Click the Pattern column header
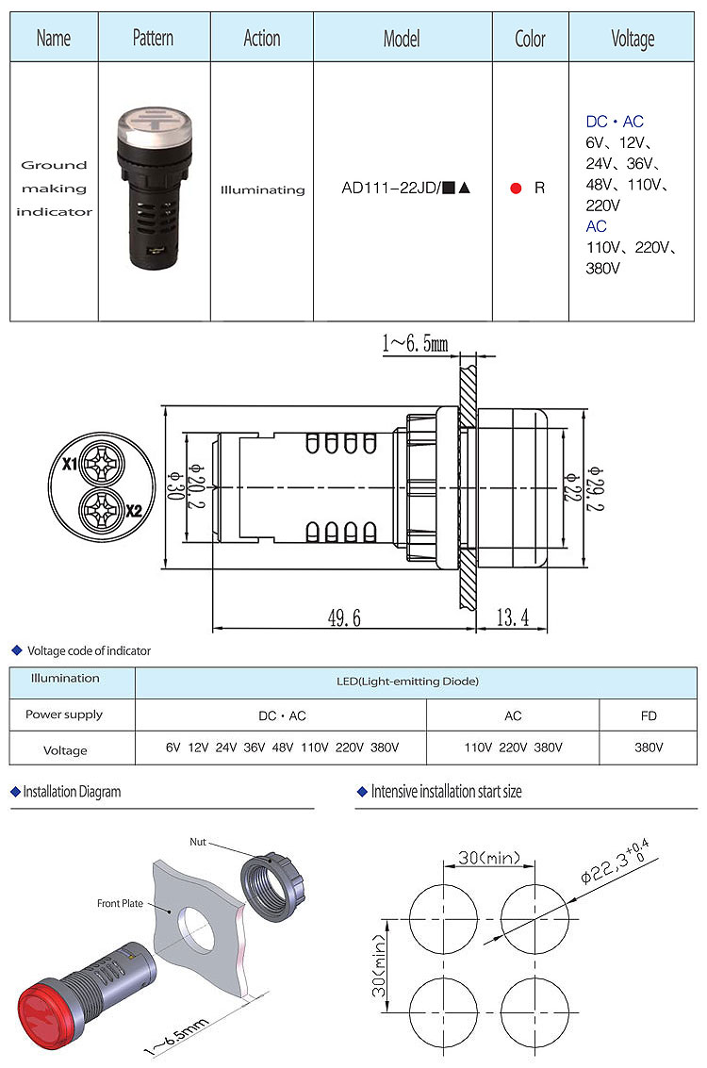(x=153, y=38)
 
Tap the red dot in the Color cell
(x=516, y=189)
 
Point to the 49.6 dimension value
(x=344, y=617)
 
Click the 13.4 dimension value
(x=511, y=617)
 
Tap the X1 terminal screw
(x=99, y=463)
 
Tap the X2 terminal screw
(x=99, y=510)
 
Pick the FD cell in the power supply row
(x=649, y=715)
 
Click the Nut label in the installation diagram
(x=197, y=842)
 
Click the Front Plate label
(x=120, y=903)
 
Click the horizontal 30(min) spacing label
(x=489, y=858)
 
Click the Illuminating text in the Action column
(x=262, y=189)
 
